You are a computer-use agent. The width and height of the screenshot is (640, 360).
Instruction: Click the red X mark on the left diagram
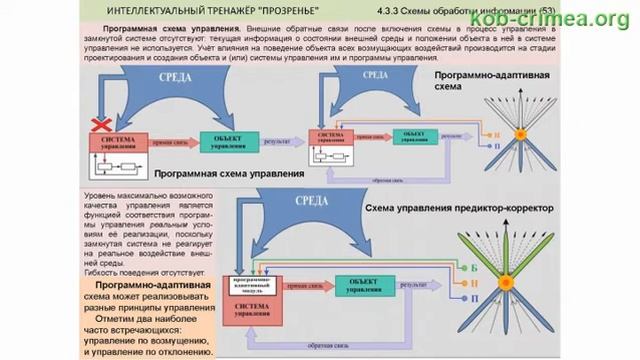tap(99, 125)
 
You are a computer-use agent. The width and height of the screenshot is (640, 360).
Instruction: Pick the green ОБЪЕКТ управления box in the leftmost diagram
tap(228, 143)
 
